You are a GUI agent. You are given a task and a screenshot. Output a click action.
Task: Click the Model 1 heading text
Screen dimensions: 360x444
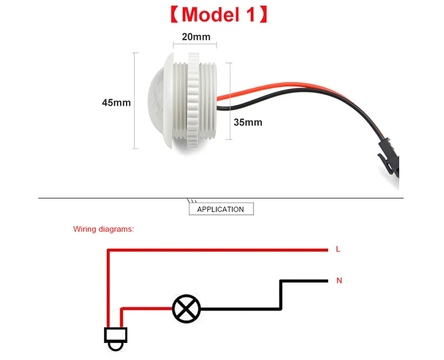coord(219,15)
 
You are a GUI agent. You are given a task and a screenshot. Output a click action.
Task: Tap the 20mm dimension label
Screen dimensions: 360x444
coord(196,37)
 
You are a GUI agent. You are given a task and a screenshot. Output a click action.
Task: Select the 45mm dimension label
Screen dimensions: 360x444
coord(116,102)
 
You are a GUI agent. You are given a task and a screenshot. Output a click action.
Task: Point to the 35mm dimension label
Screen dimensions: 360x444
coord(248,122)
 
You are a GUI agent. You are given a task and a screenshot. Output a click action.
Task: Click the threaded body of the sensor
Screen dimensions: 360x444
coord(194,101)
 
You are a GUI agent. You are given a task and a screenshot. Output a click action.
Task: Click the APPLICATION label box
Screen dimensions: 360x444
coord(220,209)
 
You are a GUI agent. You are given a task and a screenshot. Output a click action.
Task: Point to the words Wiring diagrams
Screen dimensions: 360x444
coord(103,229)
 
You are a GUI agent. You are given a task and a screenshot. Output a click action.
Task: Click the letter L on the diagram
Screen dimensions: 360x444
coord(338,249)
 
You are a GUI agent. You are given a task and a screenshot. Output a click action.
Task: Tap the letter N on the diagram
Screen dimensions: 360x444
coord(339,280)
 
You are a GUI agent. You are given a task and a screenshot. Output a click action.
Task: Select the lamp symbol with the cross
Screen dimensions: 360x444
coord(186,309)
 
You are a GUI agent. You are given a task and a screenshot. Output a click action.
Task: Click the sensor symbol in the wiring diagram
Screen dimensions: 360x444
coord(115,338)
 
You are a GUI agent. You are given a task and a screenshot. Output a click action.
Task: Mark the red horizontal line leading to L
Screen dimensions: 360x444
coord(225,249)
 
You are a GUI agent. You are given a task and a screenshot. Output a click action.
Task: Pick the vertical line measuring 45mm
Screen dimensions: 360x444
coord(135,101)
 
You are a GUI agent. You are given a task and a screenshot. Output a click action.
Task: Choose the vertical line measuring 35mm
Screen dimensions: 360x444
coord(229,101)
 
